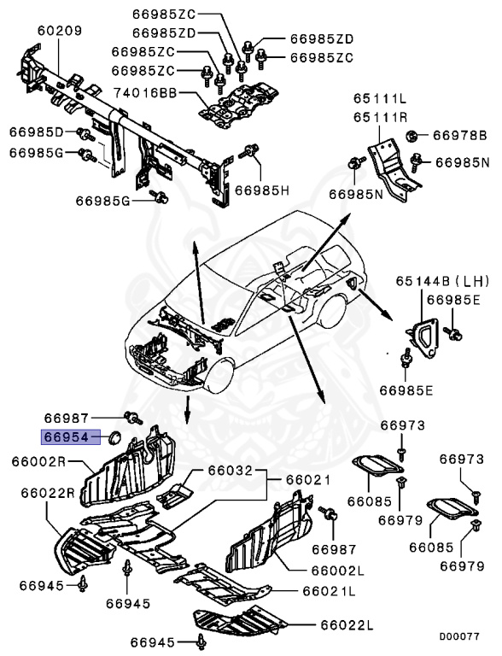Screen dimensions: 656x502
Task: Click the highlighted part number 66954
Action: [x=67, y=436]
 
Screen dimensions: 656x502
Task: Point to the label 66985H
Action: [x=263, y=188]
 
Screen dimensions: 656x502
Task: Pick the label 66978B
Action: [x=458, y=135]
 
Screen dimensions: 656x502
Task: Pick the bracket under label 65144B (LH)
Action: [x=423, y=334]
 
